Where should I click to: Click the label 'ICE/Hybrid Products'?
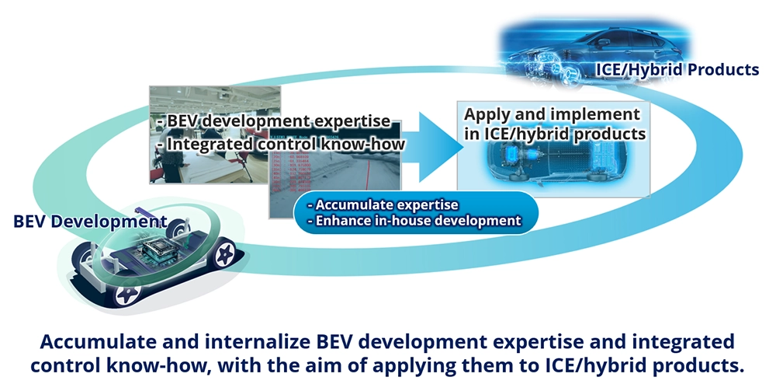coord(677,69)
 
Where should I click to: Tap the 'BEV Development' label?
coord(90,221)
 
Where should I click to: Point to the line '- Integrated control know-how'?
coord(281,144)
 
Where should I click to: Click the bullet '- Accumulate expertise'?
coord(383,204)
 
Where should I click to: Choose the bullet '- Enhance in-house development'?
coord(414,220)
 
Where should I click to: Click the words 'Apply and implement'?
coord(552,114)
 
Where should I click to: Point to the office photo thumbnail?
coord(215,134)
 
